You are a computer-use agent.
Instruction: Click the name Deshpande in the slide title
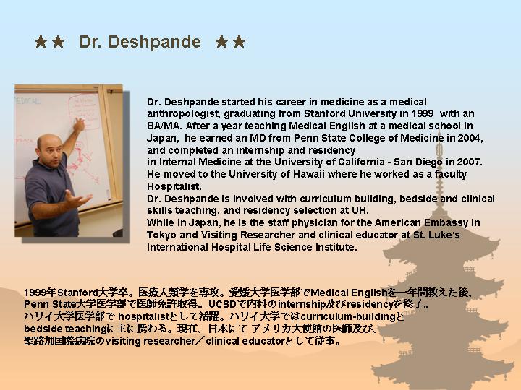point(155,43)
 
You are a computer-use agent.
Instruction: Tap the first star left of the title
point(41,42)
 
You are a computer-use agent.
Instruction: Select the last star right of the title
point(240,42)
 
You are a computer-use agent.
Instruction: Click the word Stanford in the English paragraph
point(325,114)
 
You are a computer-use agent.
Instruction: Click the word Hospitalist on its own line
point(174,187)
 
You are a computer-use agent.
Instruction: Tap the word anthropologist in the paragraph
point(183,114)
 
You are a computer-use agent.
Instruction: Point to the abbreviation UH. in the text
point(360,211)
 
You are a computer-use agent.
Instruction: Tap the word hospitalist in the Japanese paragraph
point(144,317)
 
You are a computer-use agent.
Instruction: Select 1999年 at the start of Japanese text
point(40,292)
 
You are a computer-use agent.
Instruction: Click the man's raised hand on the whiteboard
point(79,124)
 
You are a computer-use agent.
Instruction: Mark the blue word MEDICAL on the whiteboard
point(28,101)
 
